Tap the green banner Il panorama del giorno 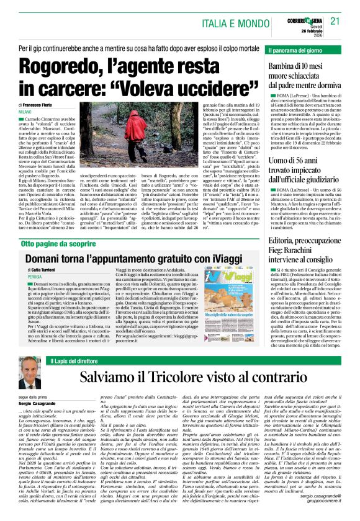pyautogui.click(x=298, y=49)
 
